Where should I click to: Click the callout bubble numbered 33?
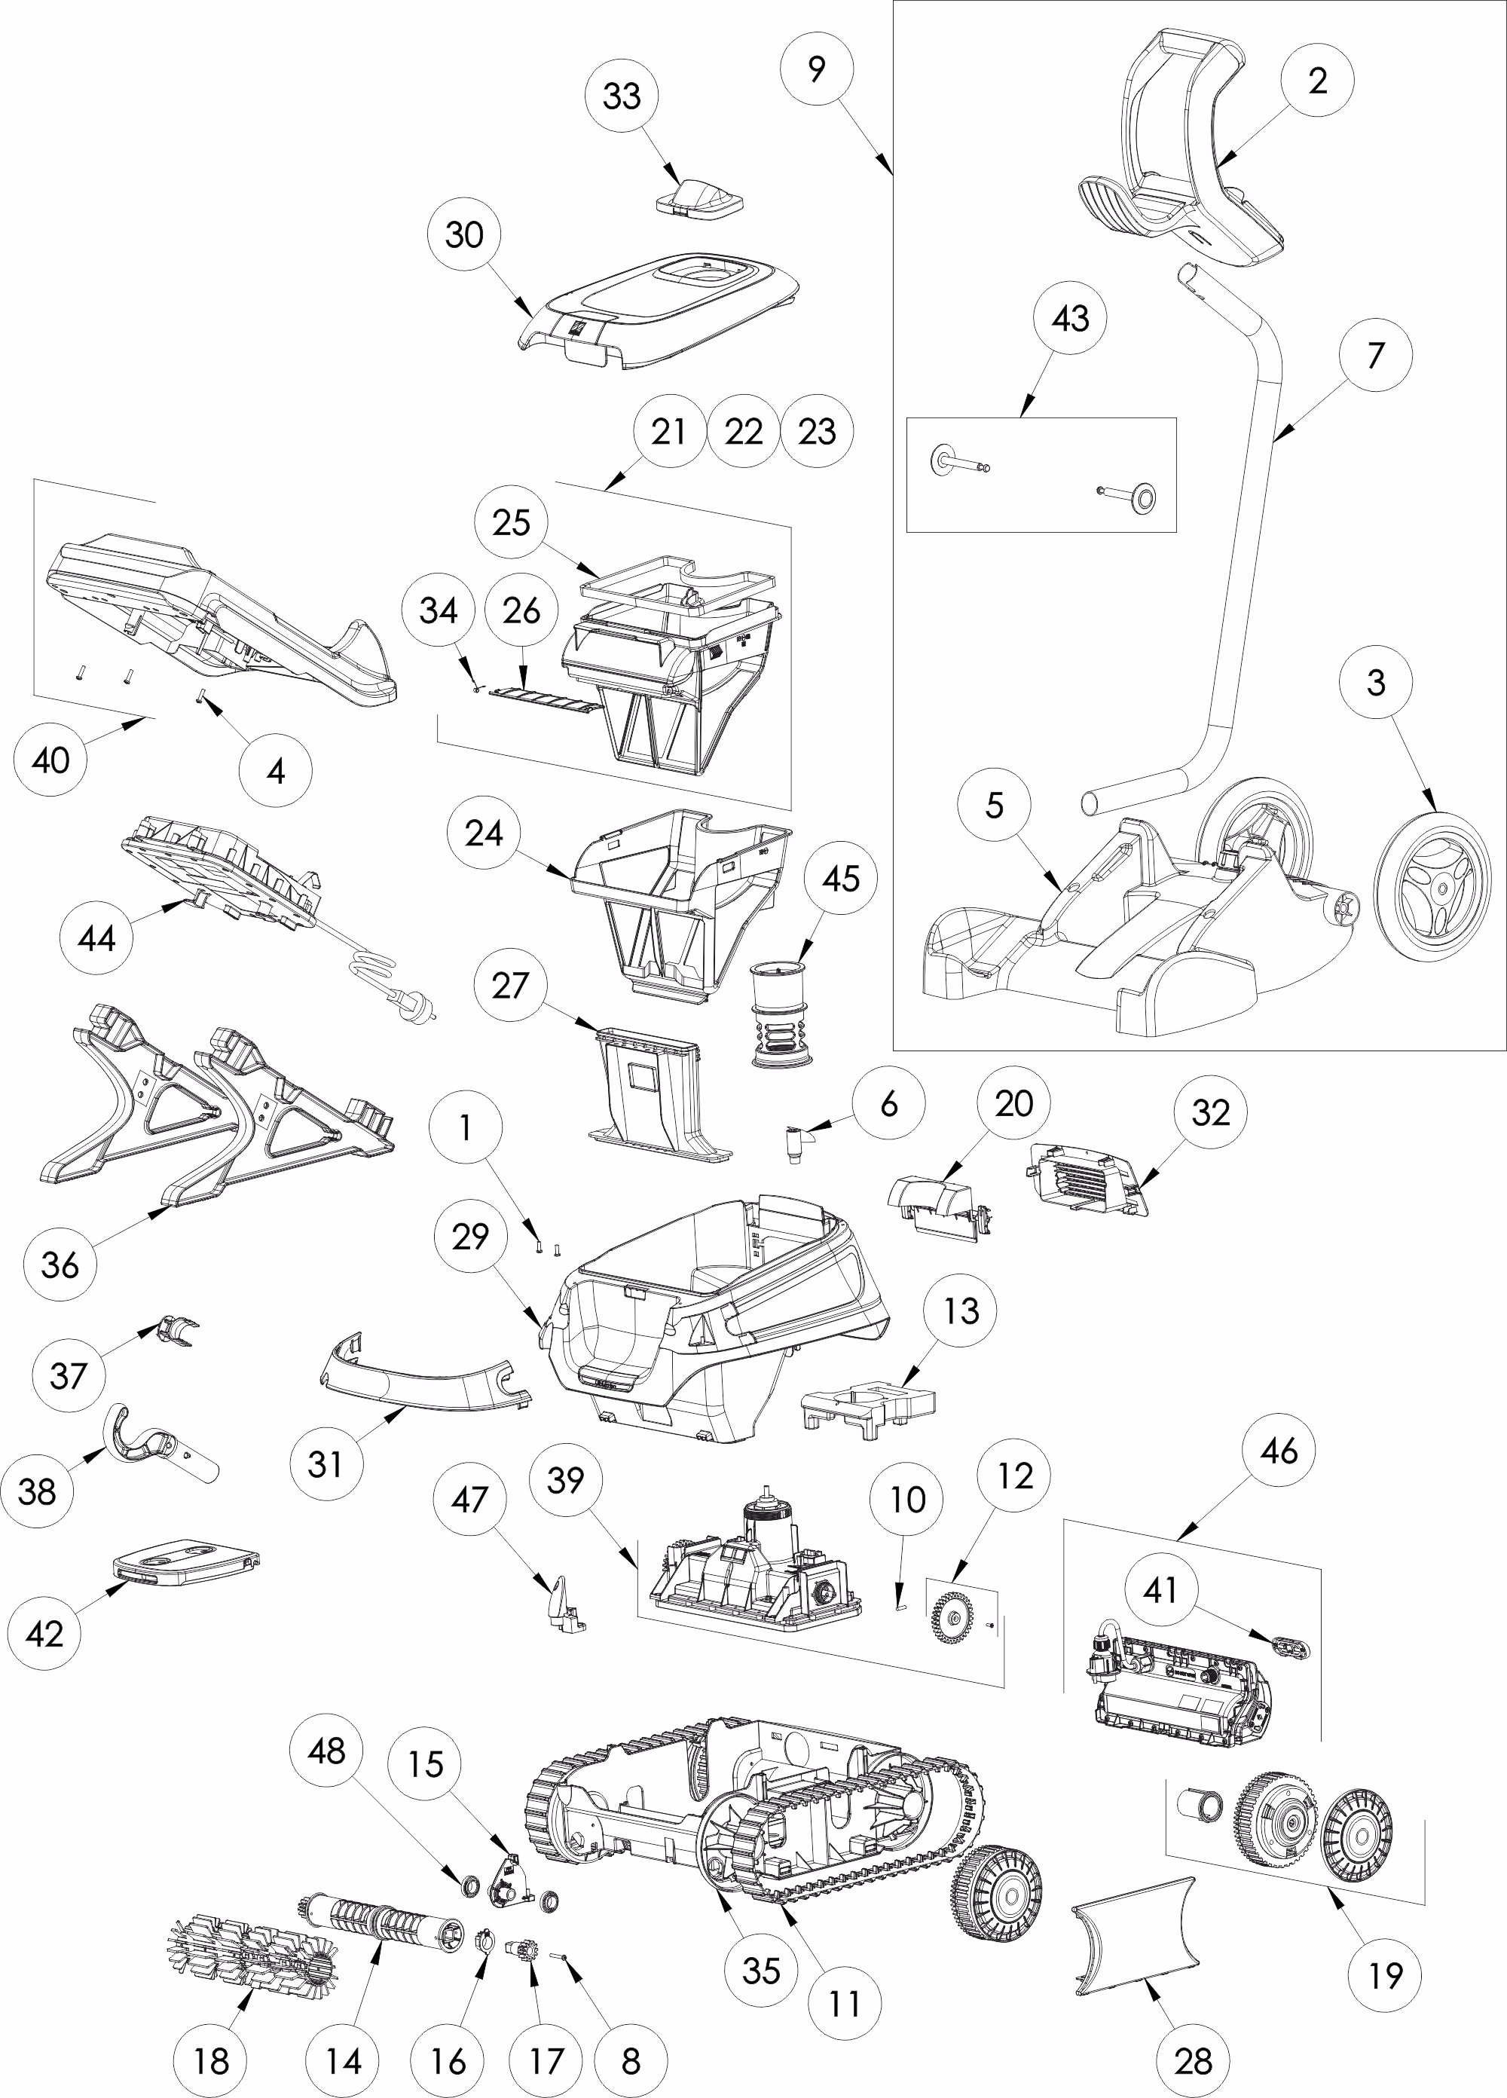tap(622, 95)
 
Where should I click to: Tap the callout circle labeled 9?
tap(816, 69)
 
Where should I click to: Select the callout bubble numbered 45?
tap(840, 879)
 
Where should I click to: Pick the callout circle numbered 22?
tap(744, 431)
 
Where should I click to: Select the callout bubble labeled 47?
tap(469, 1500)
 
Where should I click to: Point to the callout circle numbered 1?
tap(466, 1127)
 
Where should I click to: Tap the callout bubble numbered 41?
tap(1160, 1589)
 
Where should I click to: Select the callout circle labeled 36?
tap(60, 1265)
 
